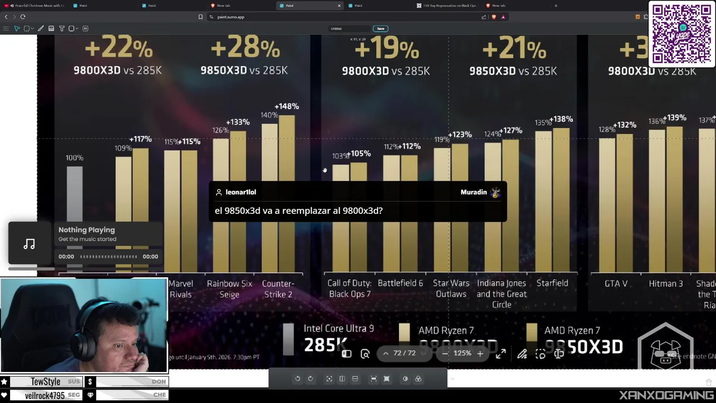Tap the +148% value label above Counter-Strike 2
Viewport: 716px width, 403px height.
point(286,106)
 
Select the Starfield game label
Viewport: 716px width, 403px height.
point(552,283)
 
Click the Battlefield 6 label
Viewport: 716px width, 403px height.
point(400,283)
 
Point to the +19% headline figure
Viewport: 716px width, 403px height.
point(386,49)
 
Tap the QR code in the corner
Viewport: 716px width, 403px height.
point(681,34)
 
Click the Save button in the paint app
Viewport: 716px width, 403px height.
point(380,29)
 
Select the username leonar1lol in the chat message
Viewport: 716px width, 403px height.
point(241,192)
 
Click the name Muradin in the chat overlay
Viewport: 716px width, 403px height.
point(473,192)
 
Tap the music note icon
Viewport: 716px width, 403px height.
point(29,244)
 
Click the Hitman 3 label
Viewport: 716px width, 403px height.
point(666,284)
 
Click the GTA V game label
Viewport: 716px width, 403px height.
point(616,284)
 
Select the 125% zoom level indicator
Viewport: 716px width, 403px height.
point(462,353)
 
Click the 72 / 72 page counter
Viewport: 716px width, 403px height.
point(404,353)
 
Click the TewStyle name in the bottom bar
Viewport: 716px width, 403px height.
point(45,382)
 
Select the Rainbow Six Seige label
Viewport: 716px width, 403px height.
point(229,289)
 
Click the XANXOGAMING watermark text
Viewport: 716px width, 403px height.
point(666,395)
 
